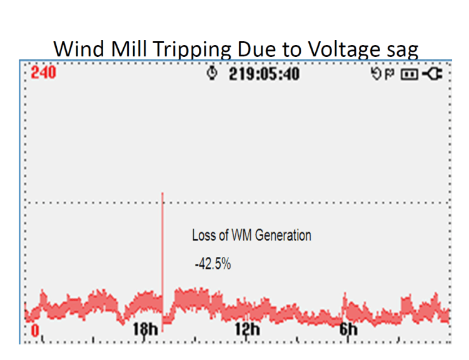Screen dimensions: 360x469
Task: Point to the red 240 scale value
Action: point(43,73)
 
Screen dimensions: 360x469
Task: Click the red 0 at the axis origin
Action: point(35,329)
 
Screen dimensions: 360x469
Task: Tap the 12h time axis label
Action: point(247,329)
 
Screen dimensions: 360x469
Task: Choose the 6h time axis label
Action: point(348,329)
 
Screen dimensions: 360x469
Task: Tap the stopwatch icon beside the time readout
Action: point(213,74)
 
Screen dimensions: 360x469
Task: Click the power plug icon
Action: point(432,74)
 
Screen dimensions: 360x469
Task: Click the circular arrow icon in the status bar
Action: point(376,74)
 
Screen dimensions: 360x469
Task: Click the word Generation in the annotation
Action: point(282,236)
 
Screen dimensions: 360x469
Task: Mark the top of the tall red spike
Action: point(163,193)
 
